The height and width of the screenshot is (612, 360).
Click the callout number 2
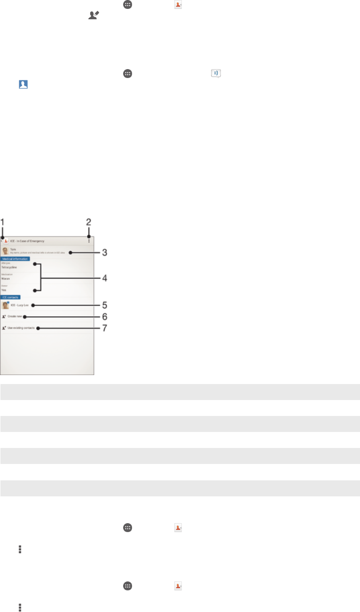[x=88, y=221]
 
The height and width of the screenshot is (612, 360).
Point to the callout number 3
[x=105, y=252]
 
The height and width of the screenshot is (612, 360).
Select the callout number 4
[x=105, y=278]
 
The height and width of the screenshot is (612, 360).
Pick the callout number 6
[x=105, y=316]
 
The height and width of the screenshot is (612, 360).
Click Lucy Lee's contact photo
[x=5, y=305]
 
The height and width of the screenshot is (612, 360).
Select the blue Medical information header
[x=15, y=259]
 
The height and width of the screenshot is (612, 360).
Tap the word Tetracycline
[x=9, y=267]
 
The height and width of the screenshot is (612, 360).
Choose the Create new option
[x=15, y=317]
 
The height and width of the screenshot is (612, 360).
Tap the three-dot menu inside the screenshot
[x=88, y=241]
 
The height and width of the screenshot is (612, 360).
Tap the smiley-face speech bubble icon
[x=216, y=74]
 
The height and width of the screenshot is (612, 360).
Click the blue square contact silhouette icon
[x=23, y=85]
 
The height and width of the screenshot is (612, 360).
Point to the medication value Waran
[x=6, y=278]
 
